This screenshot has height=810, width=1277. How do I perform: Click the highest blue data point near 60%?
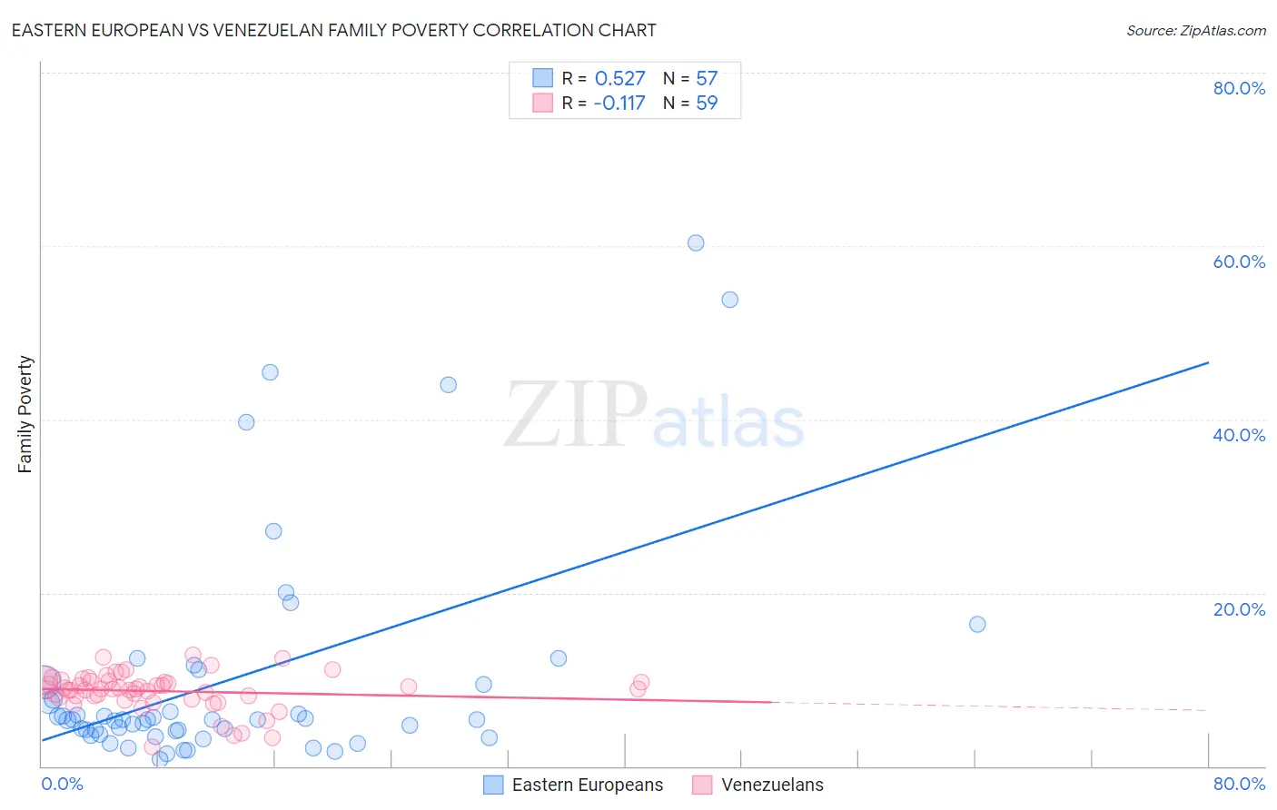point(696,242)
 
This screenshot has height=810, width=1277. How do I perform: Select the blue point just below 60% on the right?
point(729,300)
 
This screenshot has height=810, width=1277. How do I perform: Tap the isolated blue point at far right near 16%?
point(977,624)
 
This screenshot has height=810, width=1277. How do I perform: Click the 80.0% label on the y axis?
point(1239,88)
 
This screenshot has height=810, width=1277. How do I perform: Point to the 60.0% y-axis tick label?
point(1239,262)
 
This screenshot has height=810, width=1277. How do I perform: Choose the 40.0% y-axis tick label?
point(1239,435)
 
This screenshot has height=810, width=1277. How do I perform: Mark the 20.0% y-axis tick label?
point(1239,609)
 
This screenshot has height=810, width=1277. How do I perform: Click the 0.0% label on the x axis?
point(62,784)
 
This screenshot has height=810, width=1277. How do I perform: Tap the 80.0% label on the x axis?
point(1239,784)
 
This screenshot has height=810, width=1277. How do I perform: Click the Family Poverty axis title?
point(25,414)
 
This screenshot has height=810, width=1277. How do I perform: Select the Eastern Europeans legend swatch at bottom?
point(493,785)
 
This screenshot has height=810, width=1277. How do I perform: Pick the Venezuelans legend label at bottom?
point(772,785)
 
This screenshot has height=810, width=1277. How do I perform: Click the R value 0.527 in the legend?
point(619,79)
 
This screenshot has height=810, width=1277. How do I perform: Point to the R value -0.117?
point(619,104)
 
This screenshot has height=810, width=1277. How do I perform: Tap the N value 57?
point(707,79)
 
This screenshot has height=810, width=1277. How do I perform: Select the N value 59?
point(707,104)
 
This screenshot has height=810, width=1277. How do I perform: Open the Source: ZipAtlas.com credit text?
point(1195,31)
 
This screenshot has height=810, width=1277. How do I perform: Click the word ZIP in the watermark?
point(576,415)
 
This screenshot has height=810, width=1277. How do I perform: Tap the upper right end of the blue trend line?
point(1208,362)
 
